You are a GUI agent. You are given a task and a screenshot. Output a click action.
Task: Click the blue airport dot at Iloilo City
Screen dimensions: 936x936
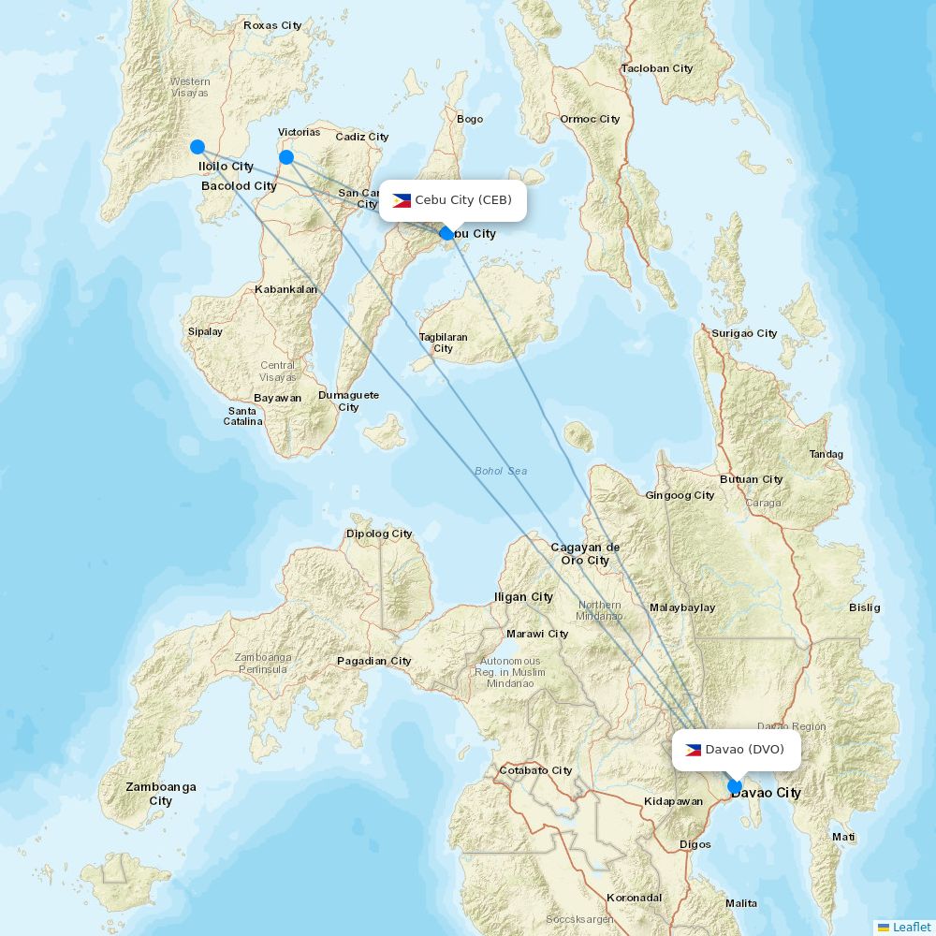click(x=197, y=146)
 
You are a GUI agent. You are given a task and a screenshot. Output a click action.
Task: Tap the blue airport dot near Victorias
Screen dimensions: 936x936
click(x=286, y=157)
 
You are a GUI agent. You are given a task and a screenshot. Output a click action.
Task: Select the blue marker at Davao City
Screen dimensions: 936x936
click(x=735, y=786)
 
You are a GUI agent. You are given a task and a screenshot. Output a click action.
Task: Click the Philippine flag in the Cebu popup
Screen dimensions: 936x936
click(x=402, y=200)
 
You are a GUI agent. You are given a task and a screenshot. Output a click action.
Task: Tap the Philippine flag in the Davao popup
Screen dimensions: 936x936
click(x=694, y=750)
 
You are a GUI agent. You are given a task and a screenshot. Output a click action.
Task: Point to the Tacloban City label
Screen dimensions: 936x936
click(x=657, y=68)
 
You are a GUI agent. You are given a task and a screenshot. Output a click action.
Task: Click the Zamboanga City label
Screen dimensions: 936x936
click(x=161, y=794)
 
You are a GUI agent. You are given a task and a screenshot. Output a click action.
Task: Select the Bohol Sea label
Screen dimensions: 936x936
click(x=501, y=471)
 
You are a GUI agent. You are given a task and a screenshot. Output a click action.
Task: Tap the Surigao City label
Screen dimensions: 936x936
click(x=744, y=333)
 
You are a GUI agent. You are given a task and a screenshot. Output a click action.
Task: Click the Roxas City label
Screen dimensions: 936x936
click(x=272, y=25)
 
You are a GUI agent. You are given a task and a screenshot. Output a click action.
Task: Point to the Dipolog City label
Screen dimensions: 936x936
click(x=379, y=534)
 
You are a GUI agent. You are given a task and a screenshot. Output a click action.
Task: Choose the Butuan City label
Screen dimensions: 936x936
click(x=751, y=479)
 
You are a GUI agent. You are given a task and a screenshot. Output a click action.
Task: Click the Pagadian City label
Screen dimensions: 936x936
click(x=373, y=661)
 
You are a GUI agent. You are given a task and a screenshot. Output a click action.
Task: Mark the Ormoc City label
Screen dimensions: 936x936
click(x=590, y=119)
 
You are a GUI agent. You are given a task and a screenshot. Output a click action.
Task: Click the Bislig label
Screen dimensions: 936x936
click(x=864, y=607)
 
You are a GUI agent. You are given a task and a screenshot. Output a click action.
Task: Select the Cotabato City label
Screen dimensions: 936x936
click(x=535, y=770)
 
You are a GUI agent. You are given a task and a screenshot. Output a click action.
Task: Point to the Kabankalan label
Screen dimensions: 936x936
click(x=285, y=289)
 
